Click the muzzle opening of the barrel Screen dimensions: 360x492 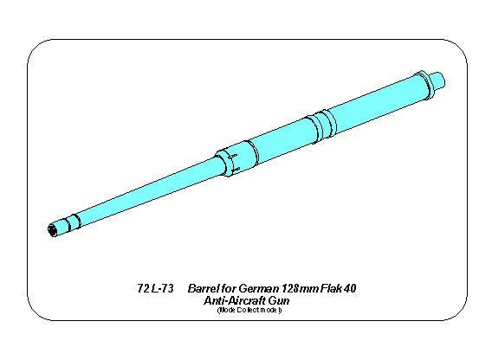[x=54, y=230]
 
